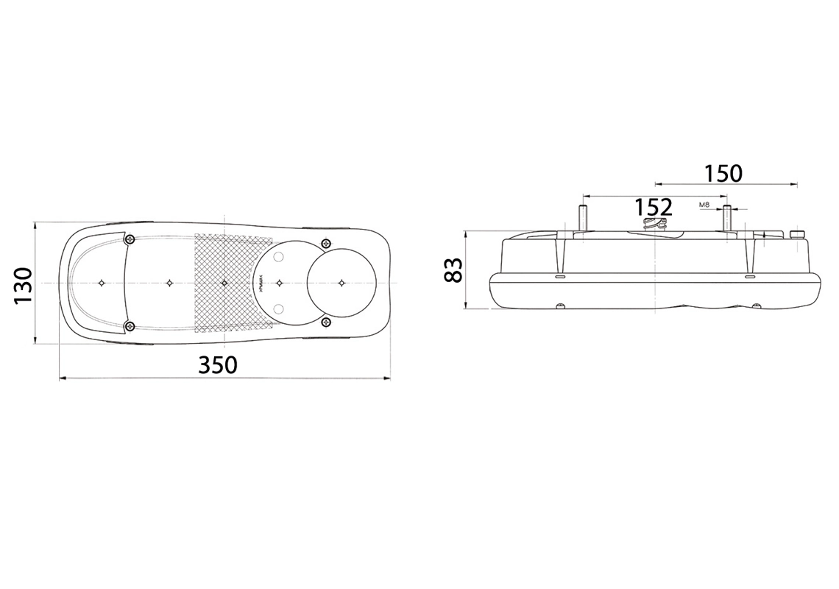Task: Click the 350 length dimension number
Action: click(219, 364)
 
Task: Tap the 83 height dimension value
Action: click(454, 270)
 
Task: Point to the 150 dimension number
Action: click(723, 173)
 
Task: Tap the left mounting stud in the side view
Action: click(582, 218)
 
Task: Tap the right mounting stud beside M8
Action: click(727, 218)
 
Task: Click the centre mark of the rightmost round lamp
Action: click(341, 282)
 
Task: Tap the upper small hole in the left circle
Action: click(278, 257)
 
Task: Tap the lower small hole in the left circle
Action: click(278, 308)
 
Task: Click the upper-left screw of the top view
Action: click(130, 239)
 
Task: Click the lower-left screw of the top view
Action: click(130, 326)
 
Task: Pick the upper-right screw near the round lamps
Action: click(326, 244)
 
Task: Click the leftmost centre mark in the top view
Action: click(102, 283)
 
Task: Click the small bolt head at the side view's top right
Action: click(796, 233)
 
